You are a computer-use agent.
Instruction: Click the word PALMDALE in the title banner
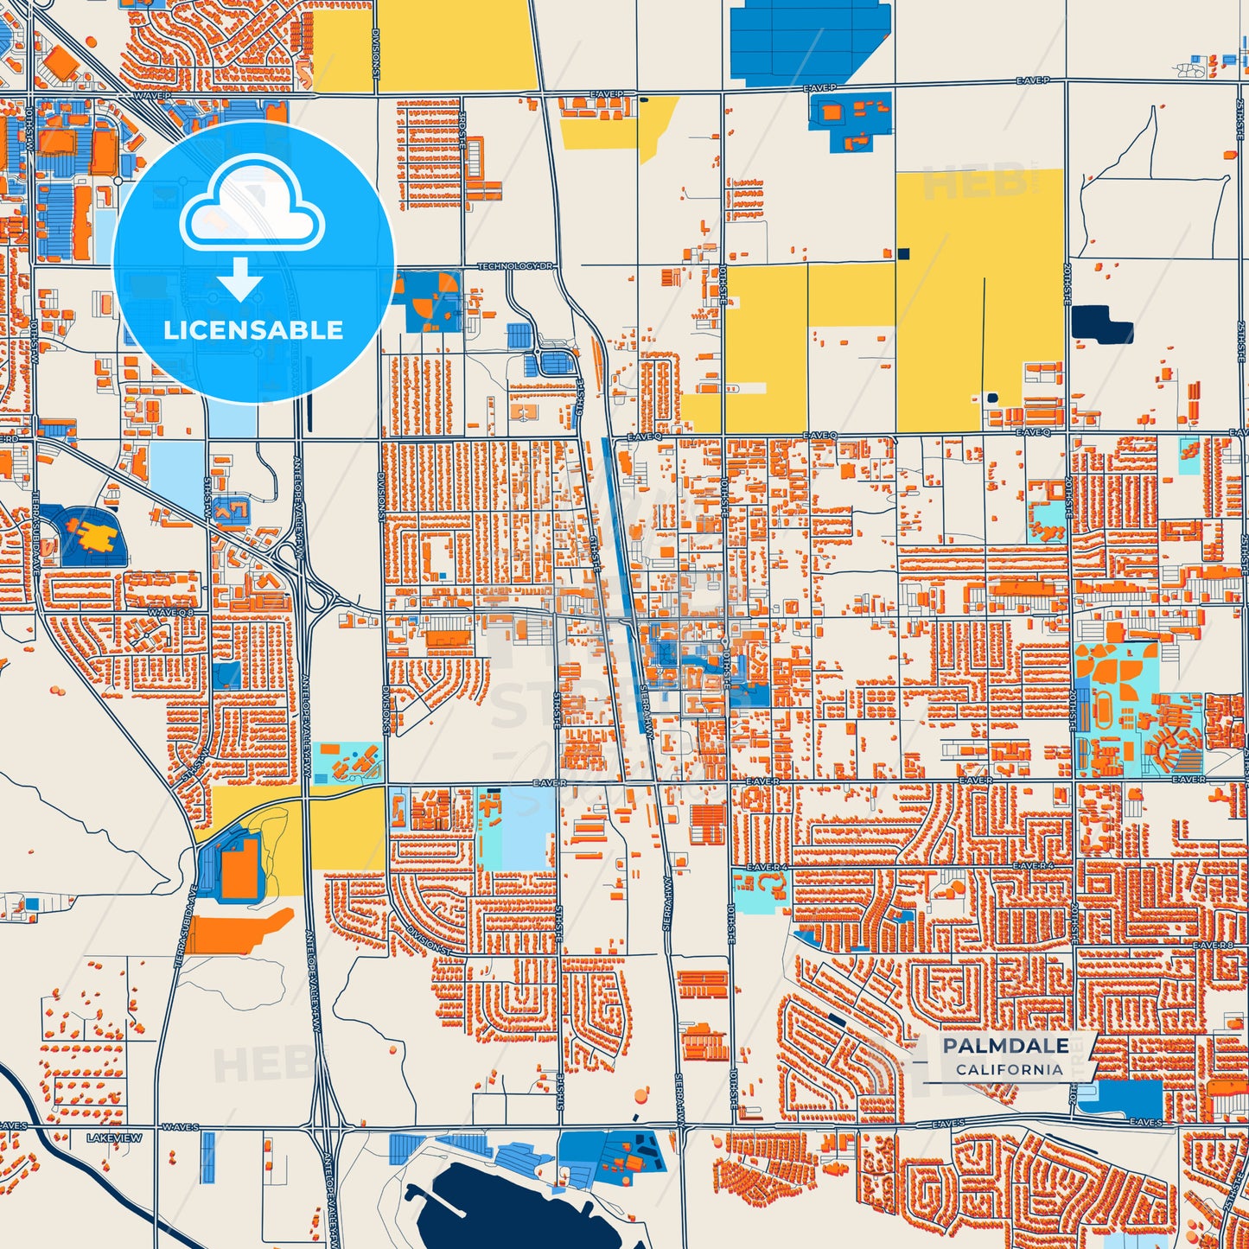pyautogui.click(x=1005, y=1046)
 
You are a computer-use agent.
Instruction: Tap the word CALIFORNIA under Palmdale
pyautogui.click(x=1009, y=1069)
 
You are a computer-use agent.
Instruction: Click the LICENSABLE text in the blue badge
pyautogui.click(x=253, y=329)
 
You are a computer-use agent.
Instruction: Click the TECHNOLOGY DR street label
pyautogui.click(x=513, y=266)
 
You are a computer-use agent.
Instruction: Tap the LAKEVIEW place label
pyautogui.click(x=114, y=1138)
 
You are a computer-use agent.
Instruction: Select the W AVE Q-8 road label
pyautogui.click(x=170, y=612)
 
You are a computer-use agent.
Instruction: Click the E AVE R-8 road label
pyautogui.click(x=1214, y=946)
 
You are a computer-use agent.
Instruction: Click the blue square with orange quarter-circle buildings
pyautogui.click(x=430, y=301)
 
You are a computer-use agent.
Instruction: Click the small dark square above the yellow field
pyautogui.click(x=903, y=253)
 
